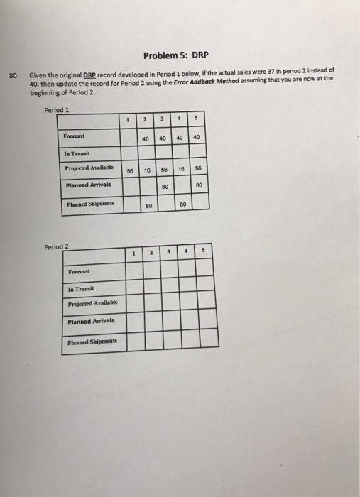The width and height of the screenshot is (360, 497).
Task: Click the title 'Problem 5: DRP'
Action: tap(179, 55)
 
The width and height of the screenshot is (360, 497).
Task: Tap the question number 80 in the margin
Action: tap(13, 75)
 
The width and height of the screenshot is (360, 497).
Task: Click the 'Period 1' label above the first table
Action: tap(56, 110)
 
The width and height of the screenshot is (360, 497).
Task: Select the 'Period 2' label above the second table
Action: tap(56, 246)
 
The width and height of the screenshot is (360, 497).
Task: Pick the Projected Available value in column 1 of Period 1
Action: tap(129, 172)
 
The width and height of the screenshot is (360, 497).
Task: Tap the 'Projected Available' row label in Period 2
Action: tap(92, 304)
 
